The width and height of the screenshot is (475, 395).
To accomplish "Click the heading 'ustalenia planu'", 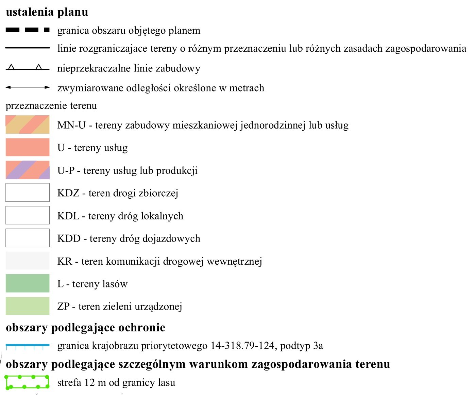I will click(47, 12).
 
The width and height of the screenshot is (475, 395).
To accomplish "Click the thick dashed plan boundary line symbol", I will click(28, 30).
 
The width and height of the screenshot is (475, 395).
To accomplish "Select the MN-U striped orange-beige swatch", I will click(28, 125).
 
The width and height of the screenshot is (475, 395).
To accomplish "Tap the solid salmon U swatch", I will click(28, 147).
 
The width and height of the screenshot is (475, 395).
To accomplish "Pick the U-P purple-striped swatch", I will click(28, 170).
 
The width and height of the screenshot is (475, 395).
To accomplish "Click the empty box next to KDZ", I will click(28, 193).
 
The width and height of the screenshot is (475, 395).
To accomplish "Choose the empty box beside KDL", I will click(28, 215).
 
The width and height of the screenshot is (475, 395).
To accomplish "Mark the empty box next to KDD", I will click(28, 238).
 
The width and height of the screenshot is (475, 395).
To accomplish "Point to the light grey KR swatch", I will click(28, 261).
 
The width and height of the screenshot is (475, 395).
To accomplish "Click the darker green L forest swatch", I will click(28, 283).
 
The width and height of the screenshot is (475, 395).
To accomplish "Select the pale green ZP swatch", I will click(28, 306).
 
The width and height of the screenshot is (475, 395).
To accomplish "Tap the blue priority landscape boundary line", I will click(28, 345).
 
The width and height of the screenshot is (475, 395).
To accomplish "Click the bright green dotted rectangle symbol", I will click(28, 382).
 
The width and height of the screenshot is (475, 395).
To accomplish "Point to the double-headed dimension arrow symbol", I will click(28, 87).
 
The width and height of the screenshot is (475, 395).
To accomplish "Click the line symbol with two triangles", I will click(28, 68).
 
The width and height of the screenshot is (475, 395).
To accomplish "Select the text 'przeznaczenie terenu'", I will click(51, 106).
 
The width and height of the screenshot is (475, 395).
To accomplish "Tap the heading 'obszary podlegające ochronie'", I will click(85, 327).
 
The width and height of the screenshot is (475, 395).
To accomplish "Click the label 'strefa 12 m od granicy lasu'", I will click(116, 383).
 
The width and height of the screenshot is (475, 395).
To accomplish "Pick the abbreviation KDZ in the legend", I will click(68, 193).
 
